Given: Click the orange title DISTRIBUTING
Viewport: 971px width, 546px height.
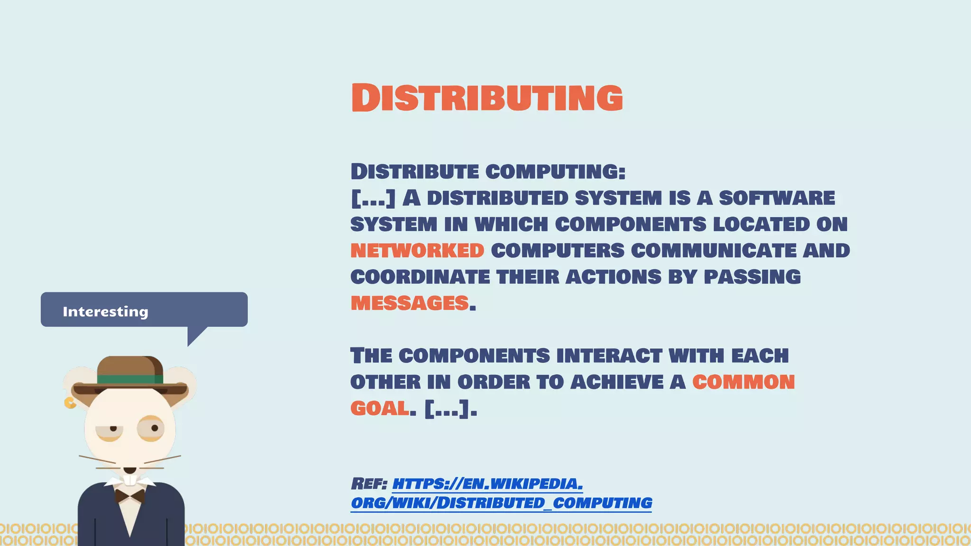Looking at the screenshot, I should click(x=487, y=98).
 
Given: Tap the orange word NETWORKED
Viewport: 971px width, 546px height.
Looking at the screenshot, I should click(x=417, y=251).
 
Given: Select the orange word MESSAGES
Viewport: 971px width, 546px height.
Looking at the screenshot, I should click(x=410, y=303).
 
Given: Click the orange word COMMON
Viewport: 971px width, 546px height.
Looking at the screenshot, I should click(x=743, y=382).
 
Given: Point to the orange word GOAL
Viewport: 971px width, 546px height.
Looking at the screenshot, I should click(x=379, y=409).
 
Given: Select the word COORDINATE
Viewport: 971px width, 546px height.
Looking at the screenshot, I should click(x=420, y=277).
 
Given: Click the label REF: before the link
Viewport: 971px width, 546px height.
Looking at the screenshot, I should click(x=369, y=484).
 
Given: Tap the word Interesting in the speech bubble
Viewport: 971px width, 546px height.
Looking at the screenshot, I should click(x=105, y=311).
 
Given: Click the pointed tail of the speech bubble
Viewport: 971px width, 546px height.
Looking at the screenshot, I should click(x=194, y=335).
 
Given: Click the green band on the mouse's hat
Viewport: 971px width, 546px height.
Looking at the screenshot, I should click(x=130, y=379).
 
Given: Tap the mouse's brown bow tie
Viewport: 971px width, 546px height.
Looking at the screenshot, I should click(x=130, y=496).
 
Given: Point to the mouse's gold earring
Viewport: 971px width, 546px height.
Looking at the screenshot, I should click(x=70, y=403).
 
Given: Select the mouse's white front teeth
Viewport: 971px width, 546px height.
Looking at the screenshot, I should click(x=130, y=480).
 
